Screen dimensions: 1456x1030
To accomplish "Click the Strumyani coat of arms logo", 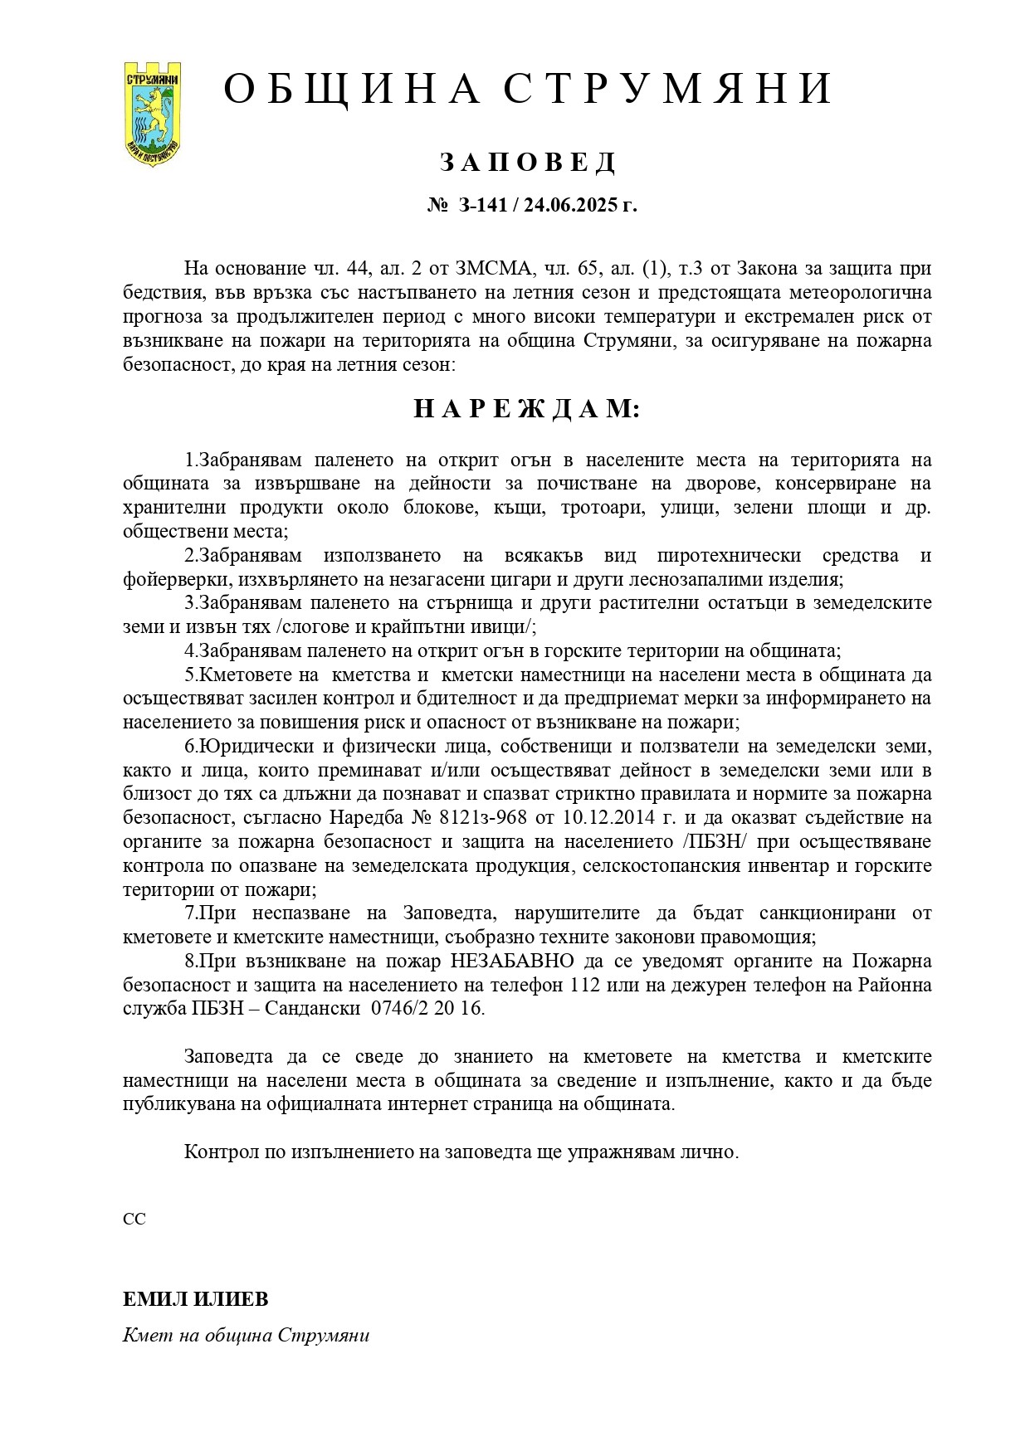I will pyautogui.click(x=153, y=112).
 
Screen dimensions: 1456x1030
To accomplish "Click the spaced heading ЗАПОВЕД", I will pyautogui.click(x=528, y=163).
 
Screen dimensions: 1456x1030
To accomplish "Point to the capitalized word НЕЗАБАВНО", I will pyautogui.click(x=512, y=962).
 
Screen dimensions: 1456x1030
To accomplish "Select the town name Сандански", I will pyautogui.click(x=315, y=1010).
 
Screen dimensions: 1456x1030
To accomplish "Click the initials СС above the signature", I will pyautogui.click(x=134, y=1220).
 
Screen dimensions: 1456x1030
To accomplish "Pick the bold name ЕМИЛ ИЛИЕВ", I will pyautogui.click(x=196, y=1299).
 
